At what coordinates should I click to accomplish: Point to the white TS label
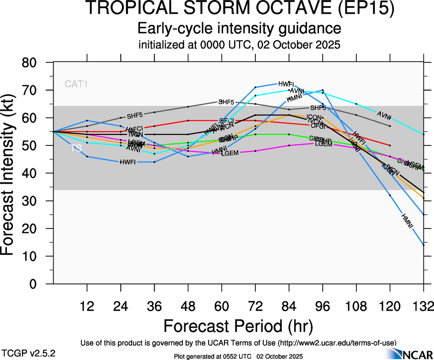[x=76, y=149]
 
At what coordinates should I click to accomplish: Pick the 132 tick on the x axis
[x=423, y=306]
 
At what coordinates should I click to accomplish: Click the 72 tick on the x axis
[x=255, y=306]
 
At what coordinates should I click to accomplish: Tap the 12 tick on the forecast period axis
[x=87, y=306]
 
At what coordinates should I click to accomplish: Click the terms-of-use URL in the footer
[x=337, y=342]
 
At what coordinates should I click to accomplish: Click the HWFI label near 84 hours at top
[x=286, y=84]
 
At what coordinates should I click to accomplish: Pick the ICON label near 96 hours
[x=314, y=117]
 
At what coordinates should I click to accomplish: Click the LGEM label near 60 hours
[x=229, y=153]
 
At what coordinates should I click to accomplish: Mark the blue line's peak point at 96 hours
[x=322, y=90]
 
